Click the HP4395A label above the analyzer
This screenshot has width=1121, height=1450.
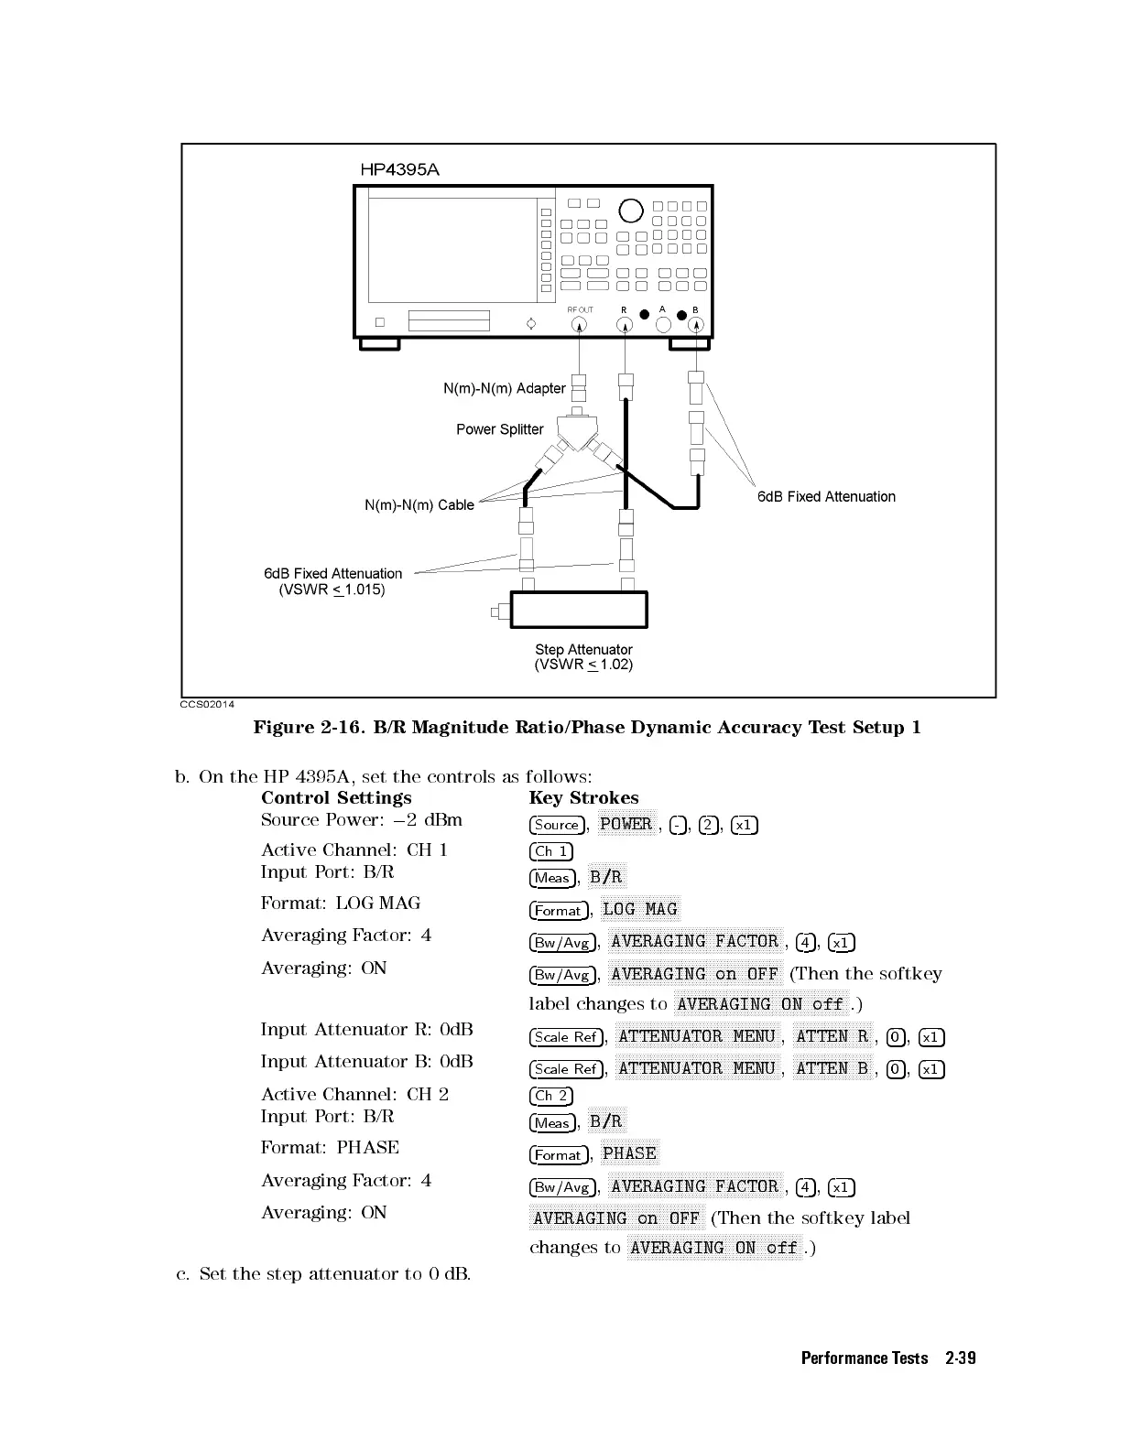click(399, 169)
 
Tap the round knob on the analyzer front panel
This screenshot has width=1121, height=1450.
click(631, 211)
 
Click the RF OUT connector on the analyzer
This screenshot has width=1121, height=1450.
click(580, 324)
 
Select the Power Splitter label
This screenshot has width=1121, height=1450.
click(499, 429)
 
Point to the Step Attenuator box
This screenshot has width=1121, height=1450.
click(579, 610)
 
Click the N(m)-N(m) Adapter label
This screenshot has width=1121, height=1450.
click(504, 388)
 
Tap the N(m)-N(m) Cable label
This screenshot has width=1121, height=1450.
click(419, 505)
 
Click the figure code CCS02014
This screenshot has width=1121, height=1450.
click(207, 704)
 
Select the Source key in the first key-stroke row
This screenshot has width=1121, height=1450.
click(556, 825)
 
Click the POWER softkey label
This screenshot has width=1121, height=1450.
click(626, 824)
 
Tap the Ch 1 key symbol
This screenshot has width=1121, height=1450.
click(550, 851)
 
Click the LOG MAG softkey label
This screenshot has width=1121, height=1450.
click(639, 909)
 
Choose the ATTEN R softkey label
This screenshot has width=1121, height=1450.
click(833, 1036)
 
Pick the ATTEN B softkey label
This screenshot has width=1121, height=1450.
click(833, 1068)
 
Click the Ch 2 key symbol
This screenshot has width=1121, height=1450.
click(550, 1096)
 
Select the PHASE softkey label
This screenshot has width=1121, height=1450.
click(629, 1153)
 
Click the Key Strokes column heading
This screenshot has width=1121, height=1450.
click(583, 798)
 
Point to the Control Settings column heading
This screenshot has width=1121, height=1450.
click(336, 798)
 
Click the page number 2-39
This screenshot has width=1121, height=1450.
click(960, 1358)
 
